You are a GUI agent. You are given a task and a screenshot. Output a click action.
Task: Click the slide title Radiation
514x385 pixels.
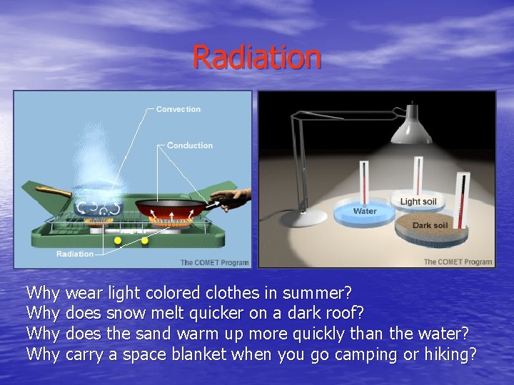[257, 57]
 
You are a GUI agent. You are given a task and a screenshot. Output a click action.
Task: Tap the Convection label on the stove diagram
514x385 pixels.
[178, 109]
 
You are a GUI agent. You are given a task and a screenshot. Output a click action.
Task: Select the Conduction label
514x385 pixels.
[189, 145]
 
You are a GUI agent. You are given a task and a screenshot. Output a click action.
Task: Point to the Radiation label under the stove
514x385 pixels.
[75, 254]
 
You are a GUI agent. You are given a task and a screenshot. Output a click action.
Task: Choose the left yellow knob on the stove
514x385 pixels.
[119, 240]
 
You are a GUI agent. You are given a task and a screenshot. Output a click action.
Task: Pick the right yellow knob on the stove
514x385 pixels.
[145, 240]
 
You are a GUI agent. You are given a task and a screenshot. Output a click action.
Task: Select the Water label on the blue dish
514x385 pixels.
[365, 211]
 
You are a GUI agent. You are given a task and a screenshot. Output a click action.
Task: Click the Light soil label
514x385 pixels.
[418, 202]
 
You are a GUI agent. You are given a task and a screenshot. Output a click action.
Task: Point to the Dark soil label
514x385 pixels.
[430, 226]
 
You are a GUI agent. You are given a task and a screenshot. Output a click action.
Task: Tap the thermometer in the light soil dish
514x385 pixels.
[419, 175]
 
